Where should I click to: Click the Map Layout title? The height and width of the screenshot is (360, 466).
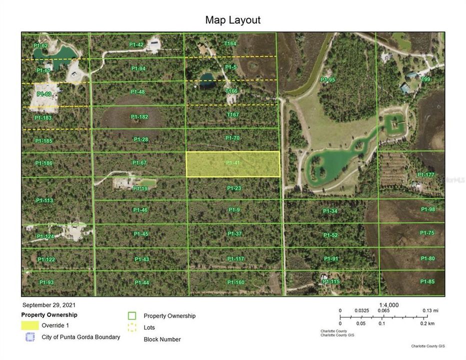coord(232,20)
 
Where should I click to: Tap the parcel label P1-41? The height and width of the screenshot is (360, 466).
coord(233,163)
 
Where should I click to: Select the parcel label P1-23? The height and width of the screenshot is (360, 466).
coord(234,188)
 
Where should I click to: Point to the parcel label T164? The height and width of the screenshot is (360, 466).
coord(230,44)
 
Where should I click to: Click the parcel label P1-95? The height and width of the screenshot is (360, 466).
coord(328,79)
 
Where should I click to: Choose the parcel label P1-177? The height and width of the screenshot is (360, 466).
coord(426,174)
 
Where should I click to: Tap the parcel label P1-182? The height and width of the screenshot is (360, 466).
coord(139,117)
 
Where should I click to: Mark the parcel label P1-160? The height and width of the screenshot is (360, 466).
coord(235,282)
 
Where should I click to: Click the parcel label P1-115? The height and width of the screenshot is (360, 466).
coord(331,281)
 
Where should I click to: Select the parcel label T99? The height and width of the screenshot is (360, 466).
coord(425,79)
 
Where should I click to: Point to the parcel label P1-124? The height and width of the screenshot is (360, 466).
coord(45,236)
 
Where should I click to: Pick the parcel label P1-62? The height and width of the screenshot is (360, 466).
coord(40,45)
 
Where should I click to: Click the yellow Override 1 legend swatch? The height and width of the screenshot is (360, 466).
coord(30,325)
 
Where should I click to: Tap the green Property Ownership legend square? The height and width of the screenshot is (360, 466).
coord(132,316)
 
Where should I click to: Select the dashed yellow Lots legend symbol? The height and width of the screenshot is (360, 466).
coord(132,328)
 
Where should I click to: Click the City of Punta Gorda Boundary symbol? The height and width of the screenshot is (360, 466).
coord(30,337)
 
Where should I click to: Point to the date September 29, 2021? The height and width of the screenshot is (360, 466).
coord(49,304)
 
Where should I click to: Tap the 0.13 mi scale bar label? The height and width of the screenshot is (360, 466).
coord(430,310)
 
